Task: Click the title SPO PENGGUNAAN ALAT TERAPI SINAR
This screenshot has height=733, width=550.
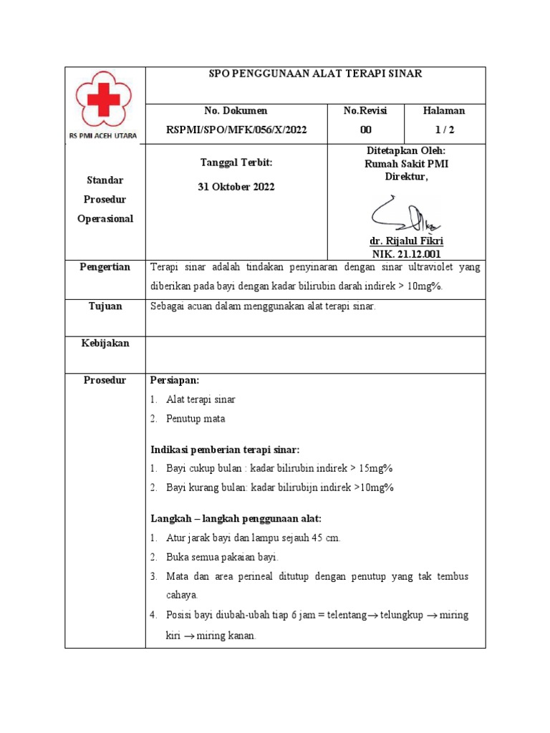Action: pos(315,74)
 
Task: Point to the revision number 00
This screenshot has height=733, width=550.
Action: pos(365,130)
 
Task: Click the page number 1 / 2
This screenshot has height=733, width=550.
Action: pos(444,130)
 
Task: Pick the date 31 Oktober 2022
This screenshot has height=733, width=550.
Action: pos(236,187)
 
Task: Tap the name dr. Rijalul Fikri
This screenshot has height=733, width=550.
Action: pos(407,241)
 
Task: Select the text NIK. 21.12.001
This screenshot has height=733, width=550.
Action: pos(407,254)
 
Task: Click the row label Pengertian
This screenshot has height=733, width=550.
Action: pos(105,267)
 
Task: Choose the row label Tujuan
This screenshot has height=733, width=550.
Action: pos(105,306)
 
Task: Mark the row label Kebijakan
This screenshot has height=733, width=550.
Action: pos(105,344)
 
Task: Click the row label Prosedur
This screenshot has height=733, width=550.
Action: pos(105,380)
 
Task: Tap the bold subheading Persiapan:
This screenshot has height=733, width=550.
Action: pos(174,380)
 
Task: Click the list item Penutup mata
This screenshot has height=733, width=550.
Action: pos(196,419)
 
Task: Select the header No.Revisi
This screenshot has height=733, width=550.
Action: pos(365,111)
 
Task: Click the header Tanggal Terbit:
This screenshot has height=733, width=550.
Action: pos(236,163)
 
